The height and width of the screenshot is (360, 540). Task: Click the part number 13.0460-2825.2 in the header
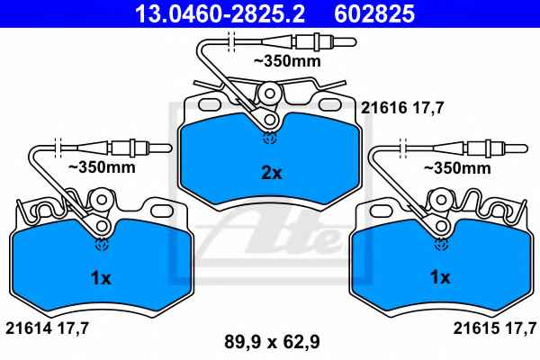[x=220, y=13]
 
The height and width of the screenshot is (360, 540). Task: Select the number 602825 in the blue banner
[x=374, y=13]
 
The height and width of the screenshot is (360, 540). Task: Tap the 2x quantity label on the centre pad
[x=272, y=173]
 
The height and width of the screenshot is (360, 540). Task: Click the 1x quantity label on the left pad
[x=101, y=278]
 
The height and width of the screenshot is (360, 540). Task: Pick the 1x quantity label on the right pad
[x=440, y=277]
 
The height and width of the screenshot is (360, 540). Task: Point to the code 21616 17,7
[x=402, y=109]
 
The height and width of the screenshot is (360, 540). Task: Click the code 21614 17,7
[x=48, y=328]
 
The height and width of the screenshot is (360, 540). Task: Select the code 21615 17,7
[x=495, y=328]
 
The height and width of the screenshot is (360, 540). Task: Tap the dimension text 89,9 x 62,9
[x=272, y=342]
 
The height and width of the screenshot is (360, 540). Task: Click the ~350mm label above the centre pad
[x=287, y=61]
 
